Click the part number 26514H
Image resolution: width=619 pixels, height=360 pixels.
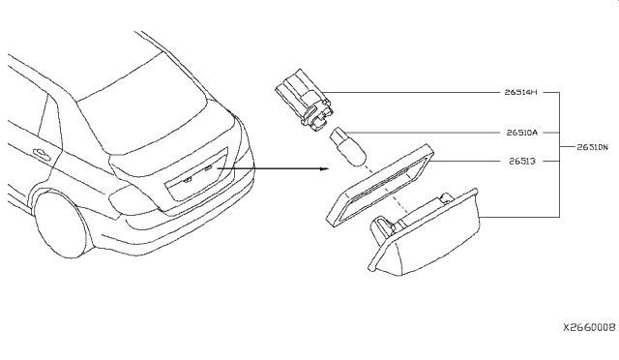tap(520, 92)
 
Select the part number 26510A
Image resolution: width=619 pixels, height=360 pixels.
tap(522, 133)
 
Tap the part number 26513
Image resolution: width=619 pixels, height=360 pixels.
tap(522, 161)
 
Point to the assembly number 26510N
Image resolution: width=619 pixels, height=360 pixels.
tap(592, 147)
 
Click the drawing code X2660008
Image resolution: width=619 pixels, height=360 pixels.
tap(589, 327)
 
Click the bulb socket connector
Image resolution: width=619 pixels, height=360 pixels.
tap(304, 99)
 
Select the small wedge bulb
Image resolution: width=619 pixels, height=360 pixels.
tap(347, 146)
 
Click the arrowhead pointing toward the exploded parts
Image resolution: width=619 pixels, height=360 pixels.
tap(325, 168)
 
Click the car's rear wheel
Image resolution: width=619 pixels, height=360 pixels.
tap(61, 225)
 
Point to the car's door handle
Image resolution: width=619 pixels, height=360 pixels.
tap(43, 153)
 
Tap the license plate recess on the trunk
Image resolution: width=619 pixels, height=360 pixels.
tap(196, 174)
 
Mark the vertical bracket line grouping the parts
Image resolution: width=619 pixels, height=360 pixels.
tap(559, 155)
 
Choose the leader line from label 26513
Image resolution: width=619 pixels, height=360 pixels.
tap(464, 162)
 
